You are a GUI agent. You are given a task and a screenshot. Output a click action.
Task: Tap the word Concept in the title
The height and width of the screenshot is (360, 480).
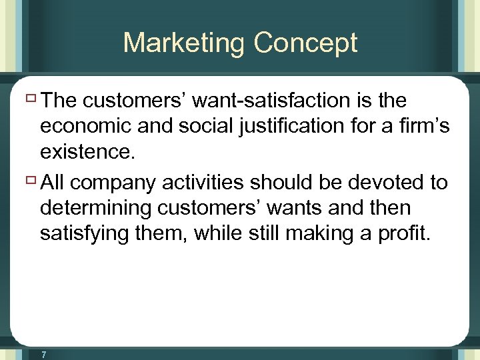(305, 43)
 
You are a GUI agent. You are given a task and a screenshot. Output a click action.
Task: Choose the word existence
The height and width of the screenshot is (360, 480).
(87, 153)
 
